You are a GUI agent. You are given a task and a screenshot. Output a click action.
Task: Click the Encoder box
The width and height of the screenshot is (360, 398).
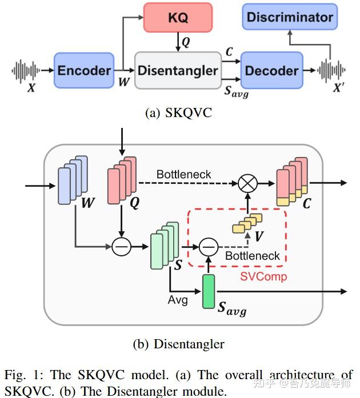(x=83, y=70)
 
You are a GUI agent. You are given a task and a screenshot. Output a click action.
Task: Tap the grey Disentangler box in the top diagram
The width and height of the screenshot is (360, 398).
(x=178, y=70)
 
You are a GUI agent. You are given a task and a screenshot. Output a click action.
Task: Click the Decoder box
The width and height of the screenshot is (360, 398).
(x=271, y=70)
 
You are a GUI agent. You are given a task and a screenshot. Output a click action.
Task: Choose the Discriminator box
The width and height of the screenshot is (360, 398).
(x=290, y=17)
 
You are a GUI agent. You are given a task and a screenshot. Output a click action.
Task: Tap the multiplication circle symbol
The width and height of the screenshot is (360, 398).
(x=248, y=183)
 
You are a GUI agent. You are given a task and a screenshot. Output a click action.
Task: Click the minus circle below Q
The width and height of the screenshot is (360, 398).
(x=121, y=247)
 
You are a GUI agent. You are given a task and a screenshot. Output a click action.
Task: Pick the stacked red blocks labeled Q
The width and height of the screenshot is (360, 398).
(x=121, y=179)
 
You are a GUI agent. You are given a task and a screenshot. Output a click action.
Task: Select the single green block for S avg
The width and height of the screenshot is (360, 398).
(x=209, y=291)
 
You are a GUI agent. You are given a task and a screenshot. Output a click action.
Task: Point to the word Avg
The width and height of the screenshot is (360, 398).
(x=178, y=299)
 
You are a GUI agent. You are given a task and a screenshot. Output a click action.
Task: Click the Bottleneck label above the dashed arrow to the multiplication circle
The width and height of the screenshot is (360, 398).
(x=183, y=174)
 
